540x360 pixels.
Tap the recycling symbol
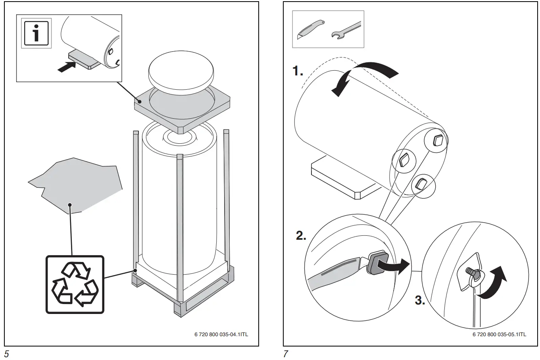(75, 285)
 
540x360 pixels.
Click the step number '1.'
(298, 71)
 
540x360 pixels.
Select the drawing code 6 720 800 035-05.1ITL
(499, 334)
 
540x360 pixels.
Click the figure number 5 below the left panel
(6, 354)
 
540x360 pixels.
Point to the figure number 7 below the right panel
(285, 354)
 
